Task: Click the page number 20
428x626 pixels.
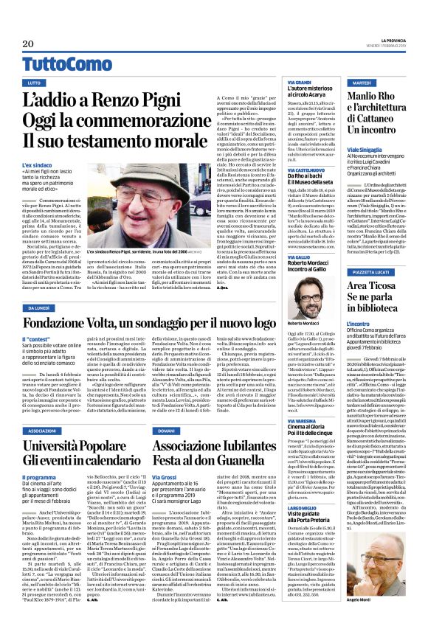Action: click(17, 44)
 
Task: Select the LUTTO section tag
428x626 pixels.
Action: click(34, 83)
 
